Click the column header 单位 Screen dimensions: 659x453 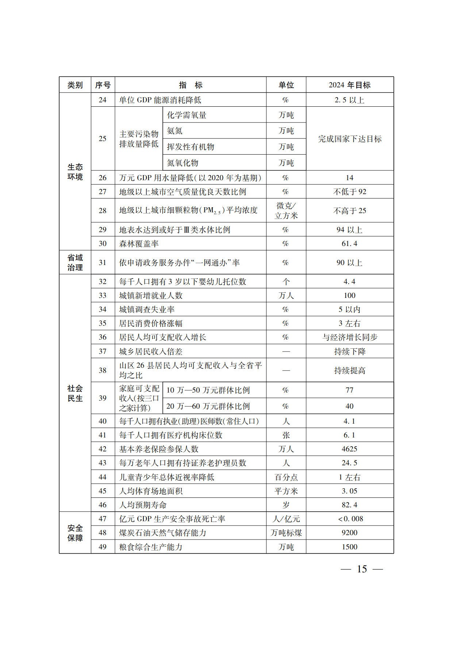point(286,85)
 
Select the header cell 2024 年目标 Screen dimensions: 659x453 point(349,85)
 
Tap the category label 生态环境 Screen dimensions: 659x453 point(75,172)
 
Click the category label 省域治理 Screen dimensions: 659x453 point(75,262)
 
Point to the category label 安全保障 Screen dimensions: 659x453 point(75,533)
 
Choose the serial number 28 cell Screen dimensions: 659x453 point(103,211)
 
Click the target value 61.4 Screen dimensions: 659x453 point(349,243)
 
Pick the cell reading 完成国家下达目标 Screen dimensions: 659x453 point(349,139)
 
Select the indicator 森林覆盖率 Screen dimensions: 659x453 point(139,244)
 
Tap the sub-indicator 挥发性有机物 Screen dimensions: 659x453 point(191,147)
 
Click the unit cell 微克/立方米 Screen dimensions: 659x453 point(286,211)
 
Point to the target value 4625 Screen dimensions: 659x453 point(349,449)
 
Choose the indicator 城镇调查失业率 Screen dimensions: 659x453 point(147,310)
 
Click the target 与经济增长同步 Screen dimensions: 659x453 point(349,337)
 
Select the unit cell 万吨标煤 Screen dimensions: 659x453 point(286,533)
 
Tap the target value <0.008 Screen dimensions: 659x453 point(350,519)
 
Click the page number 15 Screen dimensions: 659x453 point(361,569)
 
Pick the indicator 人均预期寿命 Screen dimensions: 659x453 point(143,505)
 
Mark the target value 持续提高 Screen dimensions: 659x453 point(349,371)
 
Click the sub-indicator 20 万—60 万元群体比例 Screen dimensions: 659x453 point(208,406)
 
